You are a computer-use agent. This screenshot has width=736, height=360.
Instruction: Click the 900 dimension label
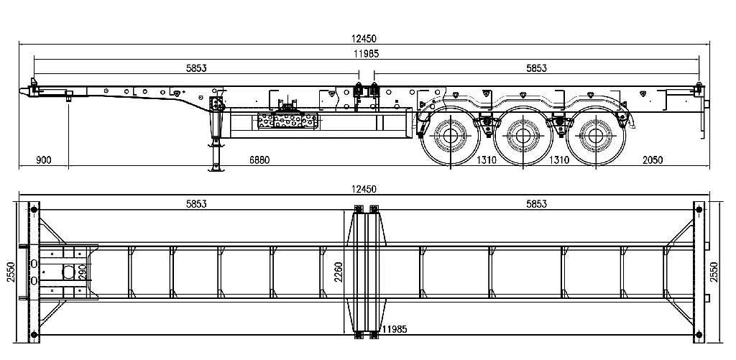(x=43, y=160)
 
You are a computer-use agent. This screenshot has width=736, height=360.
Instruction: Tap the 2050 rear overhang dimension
(x=653, y=160)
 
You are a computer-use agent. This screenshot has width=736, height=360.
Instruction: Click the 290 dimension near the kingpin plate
(x=82, y=272)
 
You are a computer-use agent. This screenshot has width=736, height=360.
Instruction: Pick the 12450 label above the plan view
(x=363, y=189)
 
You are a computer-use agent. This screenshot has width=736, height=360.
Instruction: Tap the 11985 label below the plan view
(x=395, y=329)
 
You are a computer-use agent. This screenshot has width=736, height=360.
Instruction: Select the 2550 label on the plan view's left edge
(x=10, y=271)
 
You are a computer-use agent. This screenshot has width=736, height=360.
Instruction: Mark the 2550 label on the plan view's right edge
(x=714, y=271)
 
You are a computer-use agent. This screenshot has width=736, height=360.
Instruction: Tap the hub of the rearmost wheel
(x=593, y=135)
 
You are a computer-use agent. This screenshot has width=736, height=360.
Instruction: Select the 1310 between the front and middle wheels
(x=487, y=160)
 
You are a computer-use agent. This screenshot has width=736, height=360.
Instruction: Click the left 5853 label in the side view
(x=196, y=68)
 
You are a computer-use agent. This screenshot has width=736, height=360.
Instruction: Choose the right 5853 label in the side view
(x=536, y=68)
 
